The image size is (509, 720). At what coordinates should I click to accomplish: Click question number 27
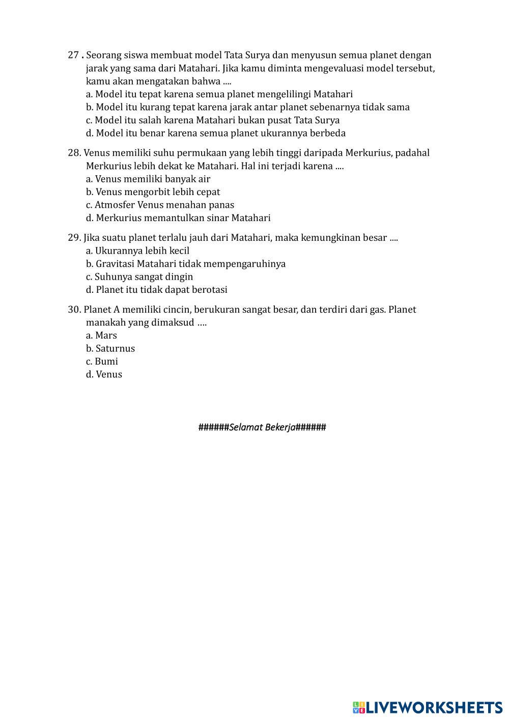pyautogui.click(x=73, y=55)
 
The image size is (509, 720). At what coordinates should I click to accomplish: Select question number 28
pyautogui.click(x=74, y=153)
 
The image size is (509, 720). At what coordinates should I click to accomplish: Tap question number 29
pyautogui.click(x=74, y=238)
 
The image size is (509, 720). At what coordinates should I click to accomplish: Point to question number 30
pyautogui.click(x=74, y=310)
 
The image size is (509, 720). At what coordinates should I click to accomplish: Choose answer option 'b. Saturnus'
pyautogui.click(x=110, y=349)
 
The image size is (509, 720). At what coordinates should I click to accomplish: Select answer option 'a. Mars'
pyautogui.click(x=101, y=336)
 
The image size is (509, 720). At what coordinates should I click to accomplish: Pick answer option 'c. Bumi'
pyautogui.click(x=102, y=362)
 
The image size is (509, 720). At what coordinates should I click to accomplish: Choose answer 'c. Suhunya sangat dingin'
pyautogui.click(x=139, y=277)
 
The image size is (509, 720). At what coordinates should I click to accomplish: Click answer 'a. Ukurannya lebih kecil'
pyautogui.click(x=137, y=251)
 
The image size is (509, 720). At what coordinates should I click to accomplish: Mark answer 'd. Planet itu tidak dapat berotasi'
pyautogui.click(x=157, y=290)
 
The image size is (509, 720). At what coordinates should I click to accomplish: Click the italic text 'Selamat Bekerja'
pyautogui.click(x=262, y=427)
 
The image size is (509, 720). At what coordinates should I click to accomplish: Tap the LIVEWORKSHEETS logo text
pyautogui.click(x=434, y=707)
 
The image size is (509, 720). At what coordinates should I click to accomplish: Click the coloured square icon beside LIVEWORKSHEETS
pyautogui.click(x=359, y=707)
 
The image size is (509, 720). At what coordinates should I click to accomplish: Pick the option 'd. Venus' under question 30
pyautogui.click(x=104, y=375)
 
